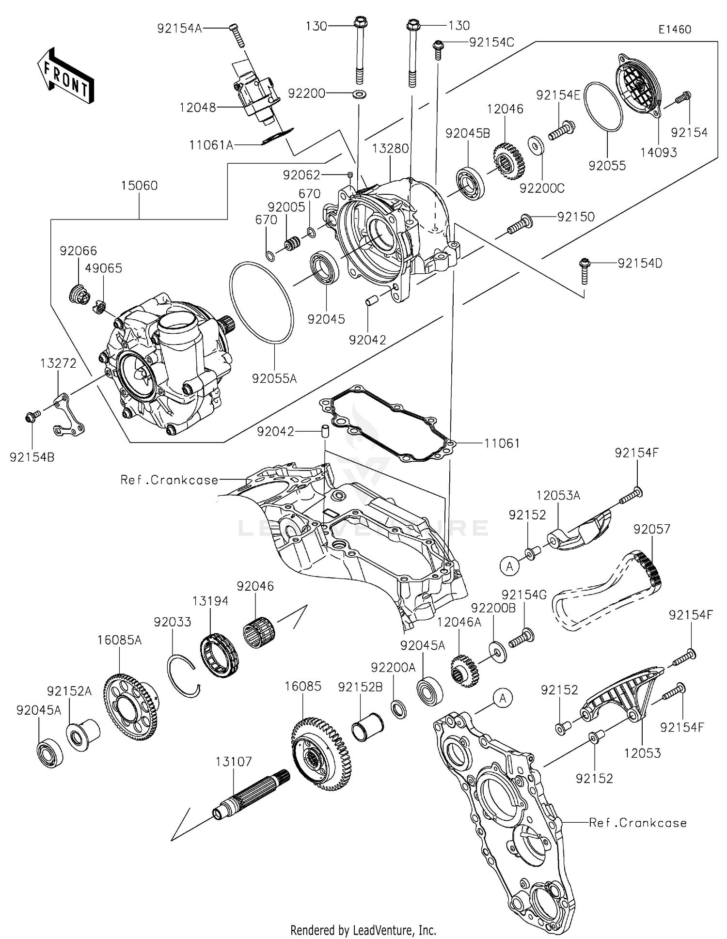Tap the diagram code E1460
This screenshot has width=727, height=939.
pos(675,30)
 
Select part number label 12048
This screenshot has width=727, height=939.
pos(197,108)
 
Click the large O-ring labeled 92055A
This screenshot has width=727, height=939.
pos(261,303)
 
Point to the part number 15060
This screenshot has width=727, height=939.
pos(139,186)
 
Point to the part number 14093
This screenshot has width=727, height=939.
pos(659,152)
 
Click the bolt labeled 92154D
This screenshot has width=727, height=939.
pos(584,271)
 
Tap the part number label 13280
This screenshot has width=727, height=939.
pos(390,148)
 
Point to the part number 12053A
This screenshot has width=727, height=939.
pos(558,495)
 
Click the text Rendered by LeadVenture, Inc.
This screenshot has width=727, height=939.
pos(363,930)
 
